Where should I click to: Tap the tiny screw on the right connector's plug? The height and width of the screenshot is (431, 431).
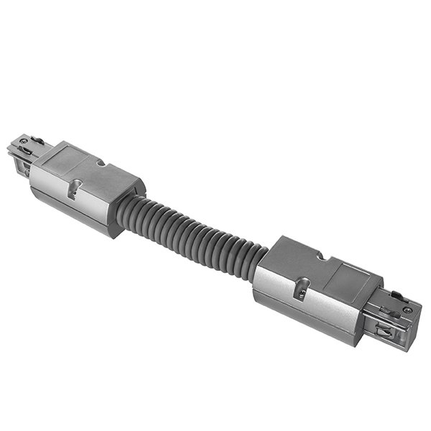[407, 310]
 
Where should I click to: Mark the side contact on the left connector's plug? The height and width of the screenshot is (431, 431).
[24, 167]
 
